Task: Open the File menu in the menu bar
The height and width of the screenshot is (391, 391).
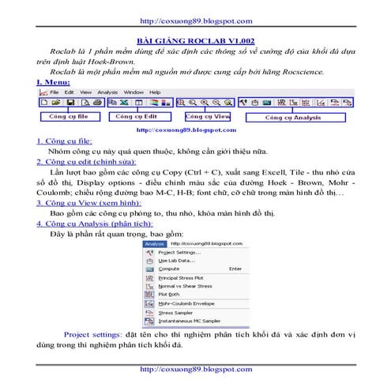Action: (55, 91)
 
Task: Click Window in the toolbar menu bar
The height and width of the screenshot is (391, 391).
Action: (133, 91)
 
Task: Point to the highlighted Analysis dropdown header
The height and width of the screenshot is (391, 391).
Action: (154, 244)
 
